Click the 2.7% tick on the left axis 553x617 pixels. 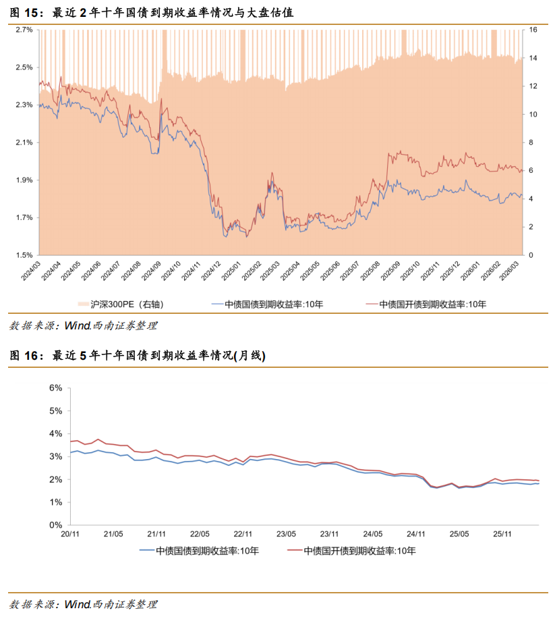24,30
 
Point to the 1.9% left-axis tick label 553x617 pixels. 24,180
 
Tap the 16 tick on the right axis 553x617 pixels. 532,30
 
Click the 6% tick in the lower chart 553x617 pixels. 55,388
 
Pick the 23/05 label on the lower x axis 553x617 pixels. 285,535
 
